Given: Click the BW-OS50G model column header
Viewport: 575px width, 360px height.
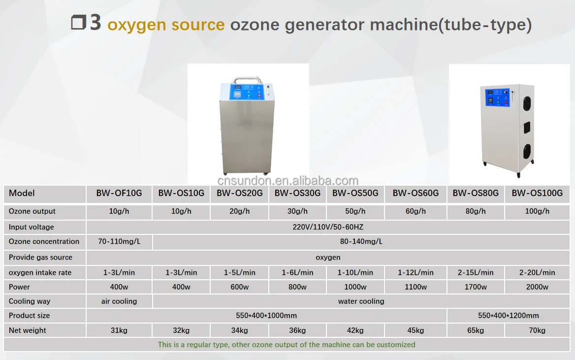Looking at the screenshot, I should click(x=355, y=194).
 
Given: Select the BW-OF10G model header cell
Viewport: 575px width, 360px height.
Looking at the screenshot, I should click(x=119, y=194).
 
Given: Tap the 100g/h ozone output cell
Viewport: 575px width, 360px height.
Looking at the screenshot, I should click(x=537, y=211).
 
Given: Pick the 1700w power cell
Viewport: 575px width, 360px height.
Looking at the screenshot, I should click(x=476, y=287).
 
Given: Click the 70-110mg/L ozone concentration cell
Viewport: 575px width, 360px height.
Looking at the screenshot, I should click(x=119, y=242).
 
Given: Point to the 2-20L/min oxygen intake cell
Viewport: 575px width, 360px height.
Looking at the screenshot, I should click(x=537, y=272).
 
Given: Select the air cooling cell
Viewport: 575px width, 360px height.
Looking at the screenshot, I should click(x=119, y=301).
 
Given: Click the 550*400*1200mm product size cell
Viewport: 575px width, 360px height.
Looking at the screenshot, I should click(x=508, y=316).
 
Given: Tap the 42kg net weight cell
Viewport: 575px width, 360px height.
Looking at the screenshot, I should click(x=355, y=330).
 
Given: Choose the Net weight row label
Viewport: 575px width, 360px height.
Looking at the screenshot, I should click(x=28, y=330).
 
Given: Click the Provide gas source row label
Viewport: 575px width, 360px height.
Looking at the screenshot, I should click(x=40, y=258).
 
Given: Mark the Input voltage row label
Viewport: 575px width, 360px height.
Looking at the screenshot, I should click(x=32, y=227).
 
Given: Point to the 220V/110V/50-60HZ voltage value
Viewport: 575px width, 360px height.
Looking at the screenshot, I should click(x=327, y=227).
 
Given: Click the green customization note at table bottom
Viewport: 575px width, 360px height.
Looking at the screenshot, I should click(x=287, y=345).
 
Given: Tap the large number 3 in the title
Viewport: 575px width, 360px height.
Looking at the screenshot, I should click(x=95, y=23).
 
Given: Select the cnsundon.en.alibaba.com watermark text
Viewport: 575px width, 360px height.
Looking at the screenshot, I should click(x=288, y=181).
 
